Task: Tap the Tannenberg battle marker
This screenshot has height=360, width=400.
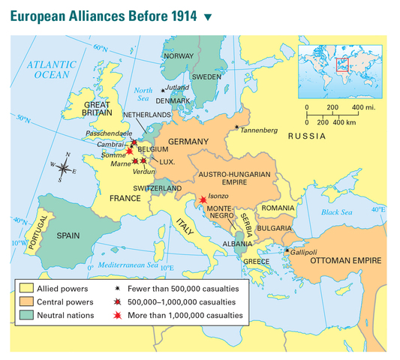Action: (237, 127)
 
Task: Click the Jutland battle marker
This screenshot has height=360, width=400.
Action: (163, 91)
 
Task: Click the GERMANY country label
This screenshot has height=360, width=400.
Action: (188, 142)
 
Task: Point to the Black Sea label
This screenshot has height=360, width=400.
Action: (337, 212)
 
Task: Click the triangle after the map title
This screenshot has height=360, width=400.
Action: (208, 16)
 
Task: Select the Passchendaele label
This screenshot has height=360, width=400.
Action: (108, 132)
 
